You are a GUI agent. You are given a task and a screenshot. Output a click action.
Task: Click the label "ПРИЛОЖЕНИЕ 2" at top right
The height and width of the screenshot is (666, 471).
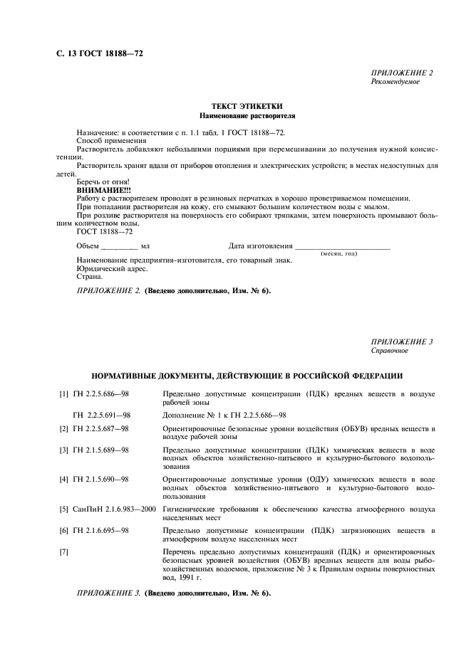(402, 73)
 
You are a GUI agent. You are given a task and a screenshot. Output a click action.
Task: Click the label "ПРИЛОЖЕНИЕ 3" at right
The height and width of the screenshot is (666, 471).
(402, 342)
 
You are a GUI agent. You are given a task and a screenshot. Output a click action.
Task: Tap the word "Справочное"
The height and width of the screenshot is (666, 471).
(389, 351)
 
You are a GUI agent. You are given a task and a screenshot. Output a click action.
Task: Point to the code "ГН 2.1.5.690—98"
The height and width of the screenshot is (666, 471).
(100, 480)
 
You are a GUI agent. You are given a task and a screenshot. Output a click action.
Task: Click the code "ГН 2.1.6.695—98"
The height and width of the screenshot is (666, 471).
(100, 530)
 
